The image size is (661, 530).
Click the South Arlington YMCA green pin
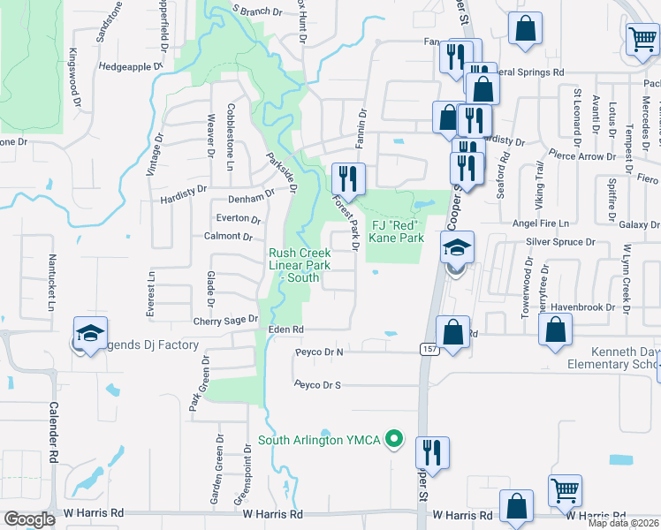click(396, 438)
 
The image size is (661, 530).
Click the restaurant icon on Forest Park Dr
click(347, 178)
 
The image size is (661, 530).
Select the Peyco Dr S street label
click(318, 384)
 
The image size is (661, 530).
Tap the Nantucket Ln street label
click(51, 282)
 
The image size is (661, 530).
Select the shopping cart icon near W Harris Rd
click(565, 490)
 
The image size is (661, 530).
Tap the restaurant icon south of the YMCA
click(433, 451)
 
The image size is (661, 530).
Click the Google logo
click(30, 519)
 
